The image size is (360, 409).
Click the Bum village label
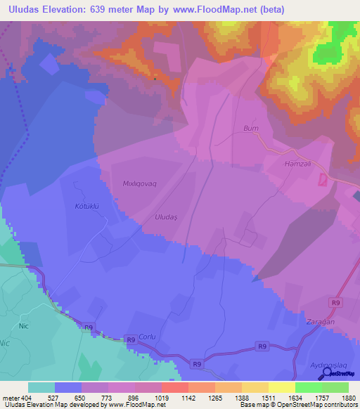tap(251, 129)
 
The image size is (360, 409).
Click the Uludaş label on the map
tap(167, 218)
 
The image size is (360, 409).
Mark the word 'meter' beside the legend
tap(11, 398)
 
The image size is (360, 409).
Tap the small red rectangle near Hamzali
tap(323, 180)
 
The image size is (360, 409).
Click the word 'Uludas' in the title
tap(24, 9)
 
